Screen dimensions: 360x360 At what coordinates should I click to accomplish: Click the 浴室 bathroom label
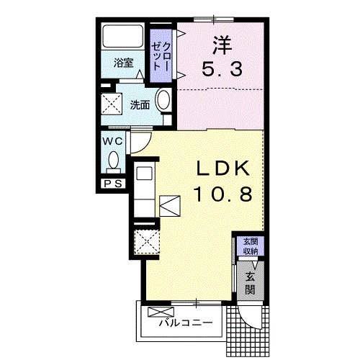coord(123,63)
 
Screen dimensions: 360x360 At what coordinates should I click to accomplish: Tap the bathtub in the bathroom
coord(123,37)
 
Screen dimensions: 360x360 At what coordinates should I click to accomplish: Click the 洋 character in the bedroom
coord(220,45)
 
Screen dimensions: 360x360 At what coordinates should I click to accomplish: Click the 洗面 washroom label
coord(140,104)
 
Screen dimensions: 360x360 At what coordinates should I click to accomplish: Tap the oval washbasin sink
coord(163,102)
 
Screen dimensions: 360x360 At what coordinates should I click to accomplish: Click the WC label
coord(111,141)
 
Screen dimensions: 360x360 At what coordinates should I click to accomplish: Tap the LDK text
coord(223,168)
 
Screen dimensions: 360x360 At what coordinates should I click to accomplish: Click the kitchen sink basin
coord(143,174)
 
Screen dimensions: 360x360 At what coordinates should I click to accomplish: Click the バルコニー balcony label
coord(186,323)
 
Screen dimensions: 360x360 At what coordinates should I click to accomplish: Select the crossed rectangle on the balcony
coord(156,312)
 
